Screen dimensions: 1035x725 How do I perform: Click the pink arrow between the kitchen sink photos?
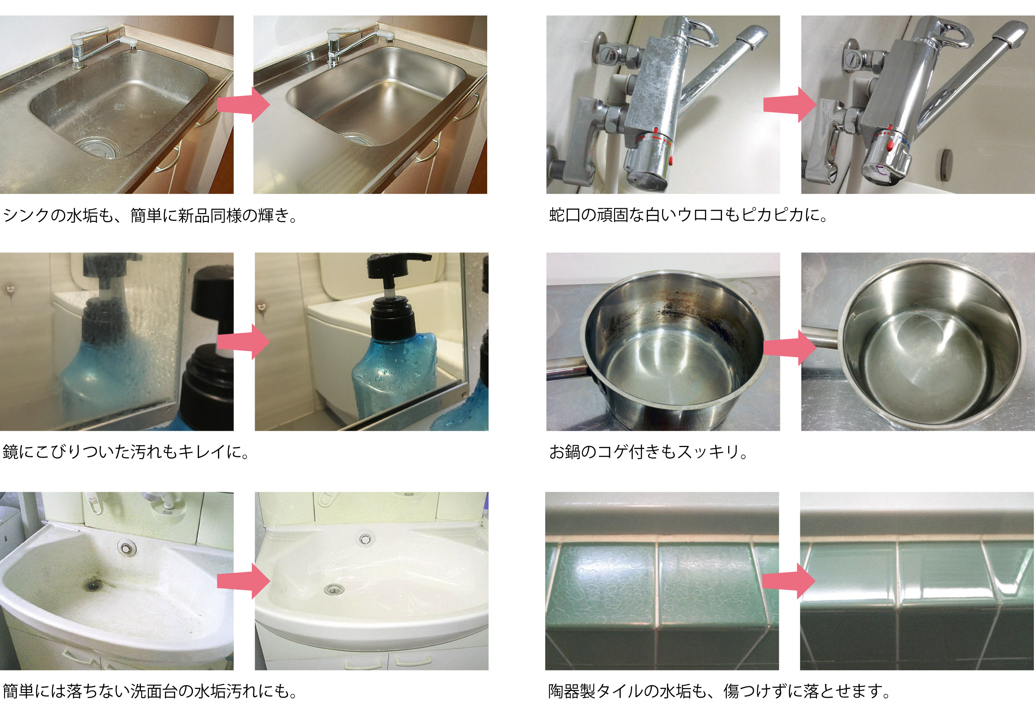(244, 104)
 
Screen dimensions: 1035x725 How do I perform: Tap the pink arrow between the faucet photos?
(790, 104)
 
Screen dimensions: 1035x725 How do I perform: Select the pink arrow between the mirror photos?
(244, 342)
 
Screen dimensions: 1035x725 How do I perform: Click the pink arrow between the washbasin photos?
(244, 581)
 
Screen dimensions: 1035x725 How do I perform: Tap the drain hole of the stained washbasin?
(93, 585)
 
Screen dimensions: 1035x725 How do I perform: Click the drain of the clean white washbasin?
(333, 588)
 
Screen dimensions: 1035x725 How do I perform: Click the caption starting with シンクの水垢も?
(150, 215)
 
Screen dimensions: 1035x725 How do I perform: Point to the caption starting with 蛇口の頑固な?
(688, 215)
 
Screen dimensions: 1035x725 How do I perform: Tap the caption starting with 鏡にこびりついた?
(126, 452)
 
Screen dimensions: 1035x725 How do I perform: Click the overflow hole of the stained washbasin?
(127, 547)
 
